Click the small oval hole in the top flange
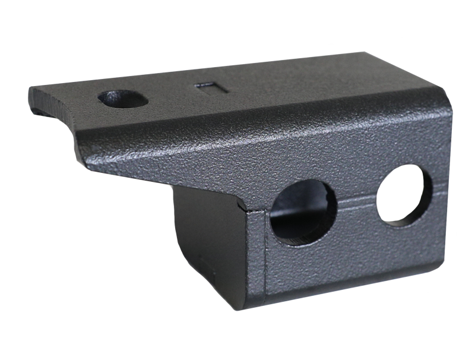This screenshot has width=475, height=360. pyautogui.click(x=123, y=99)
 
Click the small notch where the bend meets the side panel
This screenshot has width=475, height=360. pyautogui.click(x=246, y=207)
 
